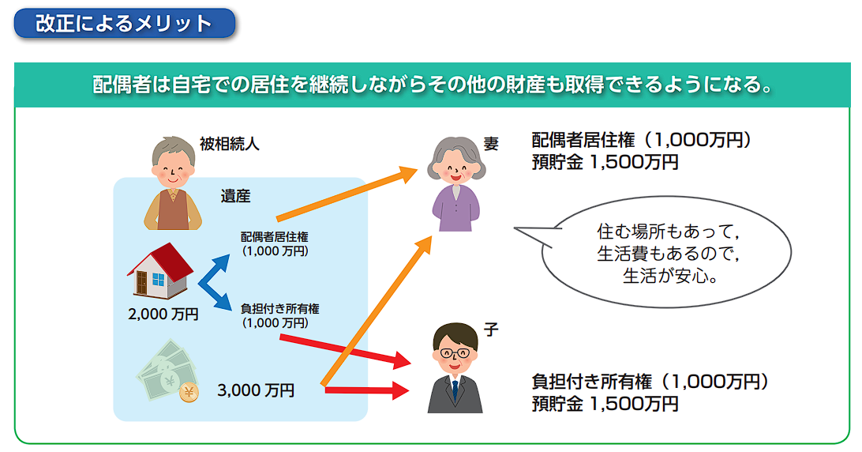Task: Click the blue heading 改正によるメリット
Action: click(x=124, y=24)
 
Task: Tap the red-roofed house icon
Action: click(x=160, y=271)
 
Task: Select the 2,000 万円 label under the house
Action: click(x=163, y=315)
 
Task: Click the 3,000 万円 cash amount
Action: click(x=256, y=390)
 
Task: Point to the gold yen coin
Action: click(x=189, y=392)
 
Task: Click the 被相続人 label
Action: click(x=229, y=145)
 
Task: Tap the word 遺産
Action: click(x=235, y=196)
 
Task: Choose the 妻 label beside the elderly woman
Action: click(x=491, y=145)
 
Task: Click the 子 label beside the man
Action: click(x=491, y=330)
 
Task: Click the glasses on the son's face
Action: click(x=455, y=353)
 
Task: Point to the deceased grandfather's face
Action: click(x=173, y=168)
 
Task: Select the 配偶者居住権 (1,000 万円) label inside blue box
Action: click(x=275, y=244)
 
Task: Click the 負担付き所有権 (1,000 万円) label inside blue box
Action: click(x=279, y=316)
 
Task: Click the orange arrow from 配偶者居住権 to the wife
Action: click(x=347, y=194)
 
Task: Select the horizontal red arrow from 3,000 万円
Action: click(x=367, y=390)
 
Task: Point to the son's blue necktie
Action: click(x=455, y=390)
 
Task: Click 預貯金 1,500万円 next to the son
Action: click(x=605, y=404)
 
